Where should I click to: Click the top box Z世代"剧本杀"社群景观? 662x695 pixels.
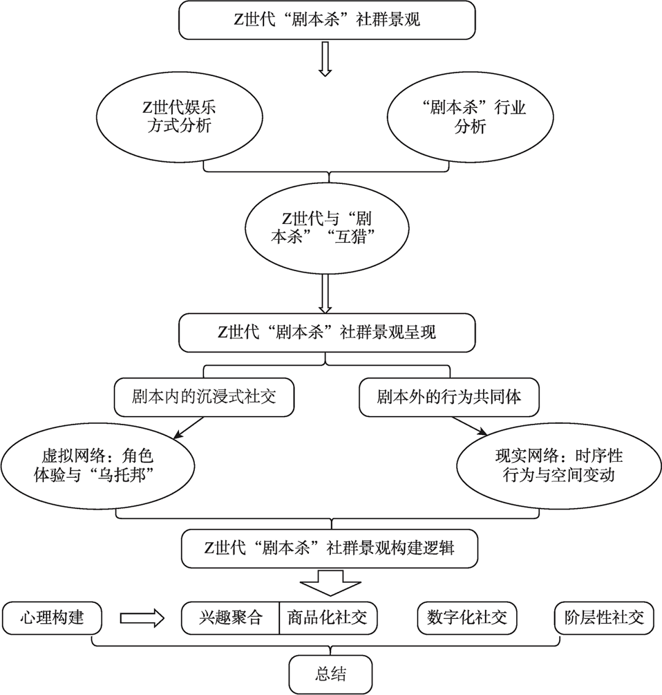coord(327,20)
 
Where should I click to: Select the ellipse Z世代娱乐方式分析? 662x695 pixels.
coord(179,117)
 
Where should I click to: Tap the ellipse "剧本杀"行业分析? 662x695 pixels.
coord(470,117)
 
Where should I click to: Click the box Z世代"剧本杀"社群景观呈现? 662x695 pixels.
coord(327,332)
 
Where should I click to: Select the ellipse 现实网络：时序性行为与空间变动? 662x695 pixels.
coord(558,466)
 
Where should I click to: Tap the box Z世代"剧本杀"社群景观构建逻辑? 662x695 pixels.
coord(329,547)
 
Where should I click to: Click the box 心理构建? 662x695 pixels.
coord(51,617)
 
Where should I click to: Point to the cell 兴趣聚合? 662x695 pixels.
coord(230,618)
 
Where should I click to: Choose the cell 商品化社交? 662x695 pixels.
coord(328,618)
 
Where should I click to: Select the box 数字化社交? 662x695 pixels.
coord(466,618)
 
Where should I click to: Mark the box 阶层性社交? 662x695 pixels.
coord(604,618)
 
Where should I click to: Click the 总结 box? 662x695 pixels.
coord(330,674)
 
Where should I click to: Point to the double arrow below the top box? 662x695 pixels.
coord(325,59)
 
